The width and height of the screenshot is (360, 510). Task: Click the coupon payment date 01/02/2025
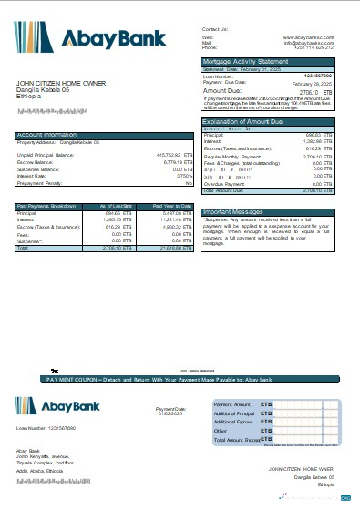[x=170, y=414]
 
